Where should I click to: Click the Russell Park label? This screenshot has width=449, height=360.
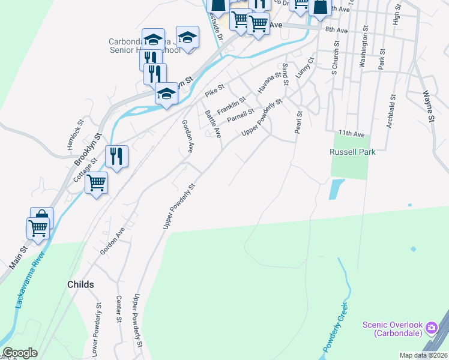coord(352,152)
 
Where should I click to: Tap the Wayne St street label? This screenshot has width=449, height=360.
coord(428,106)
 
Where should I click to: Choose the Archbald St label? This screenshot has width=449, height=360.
coord(391,111)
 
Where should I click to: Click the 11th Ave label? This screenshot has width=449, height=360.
coord(351,133)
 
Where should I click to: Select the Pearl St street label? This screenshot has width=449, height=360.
coord(298,121)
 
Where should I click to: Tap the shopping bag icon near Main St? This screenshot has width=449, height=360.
coord(41,217)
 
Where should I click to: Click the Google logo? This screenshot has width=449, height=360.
coord(20,353)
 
